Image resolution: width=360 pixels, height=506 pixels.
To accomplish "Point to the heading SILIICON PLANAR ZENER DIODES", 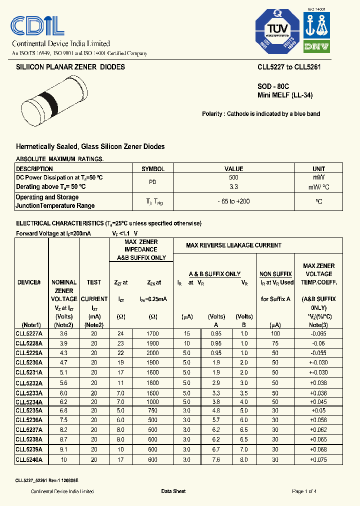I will pyautogui.click(x=70, y=67).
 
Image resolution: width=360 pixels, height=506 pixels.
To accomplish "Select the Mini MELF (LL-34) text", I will pyautogui.click(x=284, y=95).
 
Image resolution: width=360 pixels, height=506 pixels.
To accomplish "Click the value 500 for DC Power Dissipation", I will pyautogui.click(x=233, y=177).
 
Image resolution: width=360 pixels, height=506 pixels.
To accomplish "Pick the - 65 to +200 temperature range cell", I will pyautogui.click(x=233, y=201).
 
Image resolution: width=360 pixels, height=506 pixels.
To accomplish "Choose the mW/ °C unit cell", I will pyautogui.click(x=318, y=186).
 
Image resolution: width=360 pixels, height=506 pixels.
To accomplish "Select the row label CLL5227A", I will pyautogui.click(x=29, y=333).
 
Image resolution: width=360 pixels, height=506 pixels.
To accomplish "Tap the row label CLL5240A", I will pyautogui.click(x=29, y=459).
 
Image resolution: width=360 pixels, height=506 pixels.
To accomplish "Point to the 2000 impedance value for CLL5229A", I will pyautogui.click(x=152, y=353).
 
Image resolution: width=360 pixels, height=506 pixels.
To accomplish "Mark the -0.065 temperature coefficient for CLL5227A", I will pyautogui.click(x=318, y=333).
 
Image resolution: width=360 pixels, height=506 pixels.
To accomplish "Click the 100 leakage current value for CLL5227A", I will pyautogui.click(x=275, y=333).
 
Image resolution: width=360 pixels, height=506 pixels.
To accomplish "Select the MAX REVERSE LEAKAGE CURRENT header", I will pyautogui.click(x=233, y=245).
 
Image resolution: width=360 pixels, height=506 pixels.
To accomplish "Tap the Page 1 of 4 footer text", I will pyautogui.click(x=304, y=491).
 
